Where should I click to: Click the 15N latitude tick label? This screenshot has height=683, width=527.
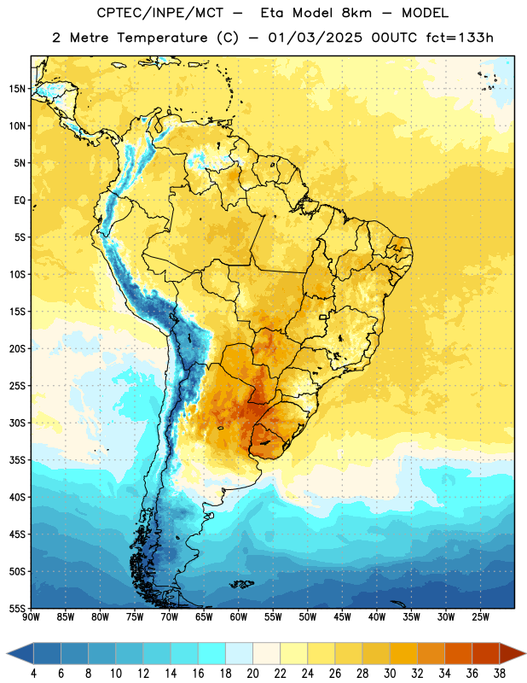point(17,89)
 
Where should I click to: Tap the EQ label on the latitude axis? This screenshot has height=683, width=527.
point(20,201)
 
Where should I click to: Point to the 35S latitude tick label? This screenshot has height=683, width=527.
point(17,460)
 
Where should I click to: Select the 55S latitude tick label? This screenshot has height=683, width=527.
point(17,608)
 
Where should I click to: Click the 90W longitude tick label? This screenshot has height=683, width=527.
point(31,617)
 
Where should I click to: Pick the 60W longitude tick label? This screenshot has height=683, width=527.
point(239,617)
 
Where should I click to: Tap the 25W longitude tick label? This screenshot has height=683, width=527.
point(480,617)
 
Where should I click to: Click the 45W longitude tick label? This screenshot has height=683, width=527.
point(342,617)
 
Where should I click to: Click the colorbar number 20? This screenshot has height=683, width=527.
point(252,674)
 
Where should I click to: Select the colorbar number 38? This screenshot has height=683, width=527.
point(500,674)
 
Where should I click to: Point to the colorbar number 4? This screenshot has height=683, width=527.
point(33,674)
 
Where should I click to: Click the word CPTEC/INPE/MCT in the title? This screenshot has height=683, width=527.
point(160,13)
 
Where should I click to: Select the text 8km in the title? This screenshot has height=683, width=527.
point(356,13)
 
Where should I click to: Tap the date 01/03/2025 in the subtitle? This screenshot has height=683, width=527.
point(315,38)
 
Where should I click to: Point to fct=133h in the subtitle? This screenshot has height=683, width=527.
point(460,38)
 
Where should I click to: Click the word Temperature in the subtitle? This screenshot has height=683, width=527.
point(162,38)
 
